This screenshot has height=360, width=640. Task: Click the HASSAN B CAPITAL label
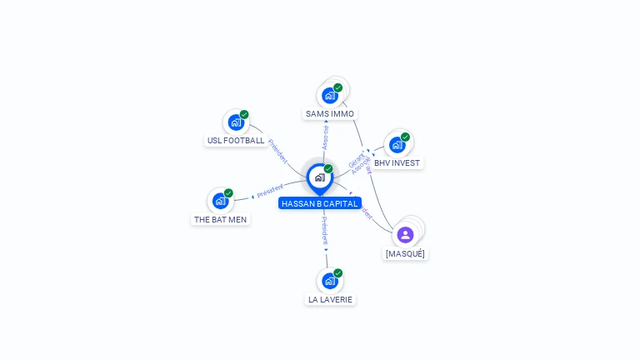[x=320, y=203]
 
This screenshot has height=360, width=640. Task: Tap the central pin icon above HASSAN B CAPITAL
[x=320, y=177]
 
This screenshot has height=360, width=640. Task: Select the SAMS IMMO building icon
[x=330, y=95]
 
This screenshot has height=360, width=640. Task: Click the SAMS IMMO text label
[x=330, y=113]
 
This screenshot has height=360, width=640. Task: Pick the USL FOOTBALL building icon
[x=237, y=122]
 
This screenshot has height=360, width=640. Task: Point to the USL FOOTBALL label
[x=236, y=140]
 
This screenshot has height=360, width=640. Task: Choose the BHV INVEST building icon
[x=397, y=144]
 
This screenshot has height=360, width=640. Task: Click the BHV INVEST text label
[x=397, y=162]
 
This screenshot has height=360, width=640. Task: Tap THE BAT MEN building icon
[x=221, y=201]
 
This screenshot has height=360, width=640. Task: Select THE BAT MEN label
[x=220, y=219]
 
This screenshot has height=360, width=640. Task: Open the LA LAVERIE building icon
[x=330, y=281]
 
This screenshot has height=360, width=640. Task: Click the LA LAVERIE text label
[x=330, y=299]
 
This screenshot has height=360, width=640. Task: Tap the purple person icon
[x=405, y=235]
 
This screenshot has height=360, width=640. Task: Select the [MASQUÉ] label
[x=405, y=253]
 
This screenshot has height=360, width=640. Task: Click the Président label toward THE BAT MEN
[x=270, y=191]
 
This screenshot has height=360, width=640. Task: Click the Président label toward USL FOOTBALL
[x=278, y=151]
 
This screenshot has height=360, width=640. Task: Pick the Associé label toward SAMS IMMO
[x=326, y=137]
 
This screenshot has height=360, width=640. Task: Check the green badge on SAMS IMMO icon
[x=337, y=87]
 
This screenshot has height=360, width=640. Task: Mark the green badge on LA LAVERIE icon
[x=337, y=273]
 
